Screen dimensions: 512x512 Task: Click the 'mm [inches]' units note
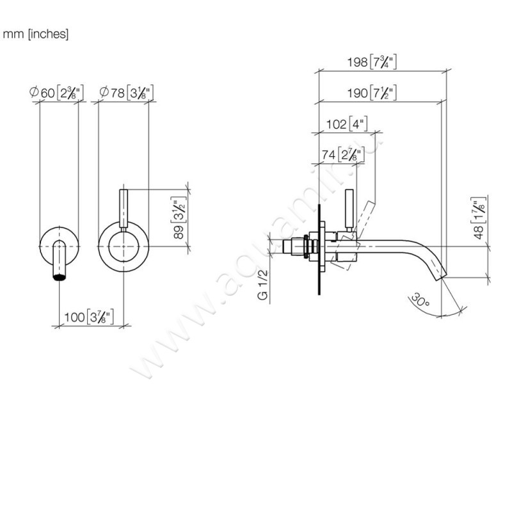tap(36, 34)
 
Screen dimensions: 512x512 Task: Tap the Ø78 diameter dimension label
tap(126, 93)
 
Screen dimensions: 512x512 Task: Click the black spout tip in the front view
tap(60, 276)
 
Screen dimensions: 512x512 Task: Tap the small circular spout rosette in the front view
tap(60, 245)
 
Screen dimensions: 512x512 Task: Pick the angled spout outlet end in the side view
tap(440, 275)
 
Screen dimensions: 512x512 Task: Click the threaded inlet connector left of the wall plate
tap(299, 246)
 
